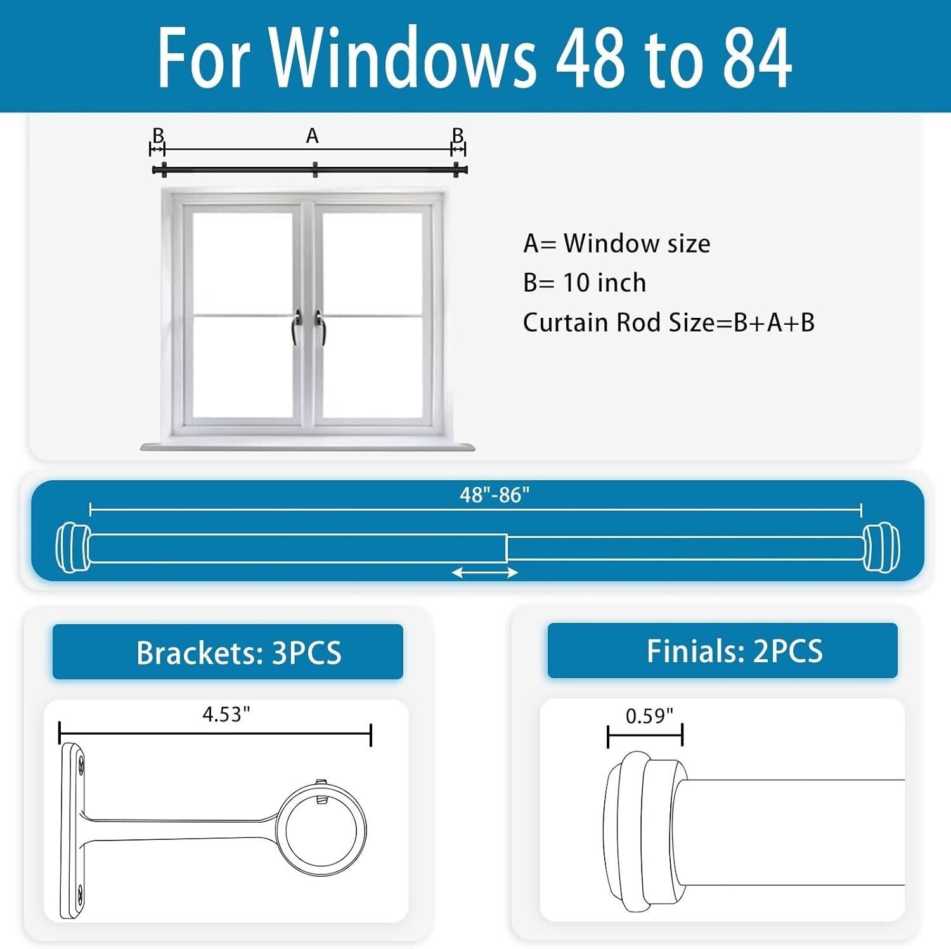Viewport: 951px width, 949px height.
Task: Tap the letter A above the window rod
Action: coord(312,136)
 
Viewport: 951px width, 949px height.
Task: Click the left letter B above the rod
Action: coord(158,136)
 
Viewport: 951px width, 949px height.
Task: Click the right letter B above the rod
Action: coord(458,136)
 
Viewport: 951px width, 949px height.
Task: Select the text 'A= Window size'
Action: coord(616,244)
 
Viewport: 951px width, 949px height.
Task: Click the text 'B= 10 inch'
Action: coord(584,283)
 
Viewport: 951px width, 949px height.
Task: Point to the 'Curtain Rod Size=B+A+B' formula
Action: coord(668,323)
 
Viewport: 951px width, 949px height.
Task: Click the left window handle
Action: coord(296,326)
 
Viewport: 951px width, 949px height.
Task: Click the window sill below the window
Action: coord(307,447)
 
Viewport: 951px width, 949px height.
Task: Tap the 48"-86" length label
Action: coord(494,495)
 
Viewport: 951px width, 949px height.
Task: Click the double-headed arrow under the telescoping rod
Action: coord(484,573)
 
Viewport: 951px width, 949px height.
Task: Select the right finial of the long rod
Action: coord(881,547)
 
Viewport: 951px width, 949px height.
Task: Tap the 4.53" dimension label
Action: coord(226,715)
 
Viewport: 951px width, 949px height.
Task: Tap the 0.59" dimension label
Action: coord(649,716)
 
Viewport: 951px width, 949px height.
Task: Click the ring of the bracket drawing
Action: coord(325,830)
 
